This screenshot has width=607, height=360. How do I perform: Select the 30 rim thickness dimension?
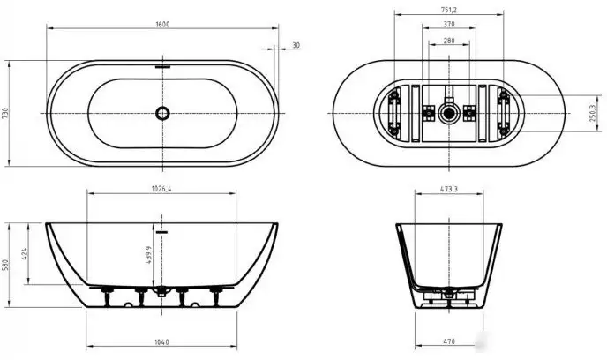tap(296, 45)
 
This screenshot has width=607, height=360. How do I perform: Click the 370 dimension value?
tap(449, 26)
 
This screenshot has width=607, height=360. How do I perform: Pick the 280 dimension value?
tap(449, 41)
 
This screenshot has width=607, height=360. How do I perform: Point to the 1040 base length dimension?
tap(161, 343)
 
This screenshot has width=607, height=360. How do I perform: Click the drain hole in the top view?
tap(161, 113)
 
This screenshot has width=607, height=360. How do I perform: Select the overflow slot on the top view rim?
tap(161, 65)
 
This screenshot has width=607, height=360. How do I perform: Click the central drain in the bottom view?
tap(449, 113)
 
